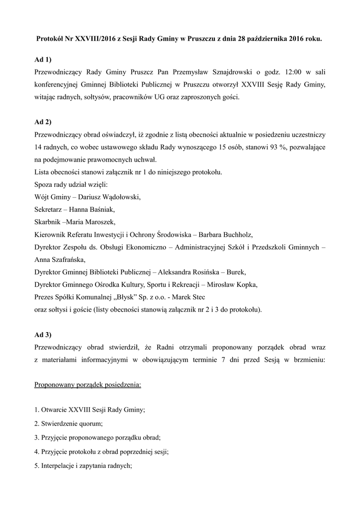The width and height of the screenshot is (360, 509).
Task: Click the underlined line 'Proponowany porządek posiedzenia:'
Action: pos(88,384)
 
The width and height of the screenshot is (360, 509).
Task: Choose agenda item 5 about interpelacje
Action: pos(83,466)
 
